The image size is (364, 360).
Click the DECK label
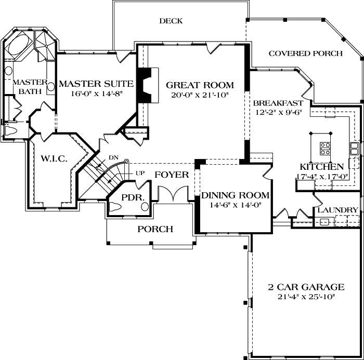171,21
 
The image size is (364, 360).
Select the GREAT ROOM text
200,85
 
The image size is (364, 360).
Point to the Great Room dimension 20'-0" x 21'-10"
200,95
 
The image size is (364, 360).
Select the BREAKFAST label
278,102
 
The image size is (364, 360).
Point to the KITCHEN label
321,167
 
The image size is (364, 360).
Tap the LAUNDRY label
337,210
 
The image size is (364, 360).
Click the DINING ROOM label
236,195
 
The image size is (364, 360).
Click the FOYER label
171,175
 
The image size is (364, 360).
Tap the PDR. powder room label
128,198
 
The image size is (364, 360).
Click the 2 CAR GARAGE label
305,287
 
